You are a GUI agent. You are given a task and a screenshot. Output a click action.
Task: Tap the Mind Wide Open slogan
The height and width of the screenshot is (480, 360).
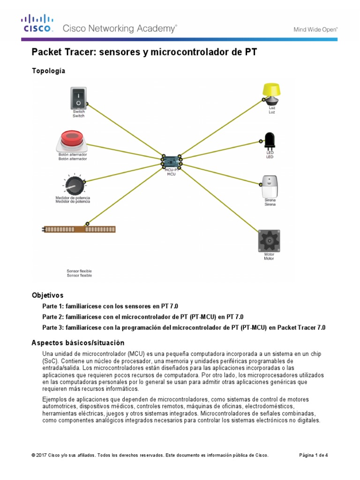[315, 29]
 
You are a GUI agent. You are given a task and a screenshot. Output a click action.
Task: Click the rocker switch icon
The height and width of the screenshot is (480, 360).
[78, 98]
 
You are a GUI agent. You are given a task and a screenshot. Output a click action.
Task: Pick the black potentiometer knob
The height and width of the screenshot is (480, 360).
[73, 185]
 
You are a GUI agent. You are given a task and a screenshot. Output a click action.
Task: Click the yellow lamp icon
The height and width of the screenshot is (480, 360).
[271, 93]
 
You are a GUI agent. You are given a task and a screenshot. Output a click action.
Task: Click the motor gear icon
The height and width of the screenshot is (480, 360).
[269, 240]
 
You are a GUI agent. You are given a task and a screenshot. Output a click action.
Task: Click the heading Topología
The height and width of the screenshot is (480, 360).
[48, 71]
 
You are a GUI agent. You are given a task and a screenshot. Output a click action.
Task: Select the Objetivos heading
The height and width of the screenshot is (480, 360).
[47, 295]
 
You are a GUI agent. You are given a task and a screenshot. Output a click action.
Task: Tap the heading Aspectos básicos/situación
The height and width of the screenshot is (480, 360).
[78, 343]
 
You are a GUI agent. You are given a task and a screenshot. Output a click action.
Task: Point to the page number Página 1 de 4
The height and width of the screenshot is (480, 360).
[313, 455]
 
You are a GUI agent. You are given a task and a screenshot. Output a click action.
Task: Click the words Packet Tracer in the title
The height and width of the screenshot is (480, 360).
[61, 52]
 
